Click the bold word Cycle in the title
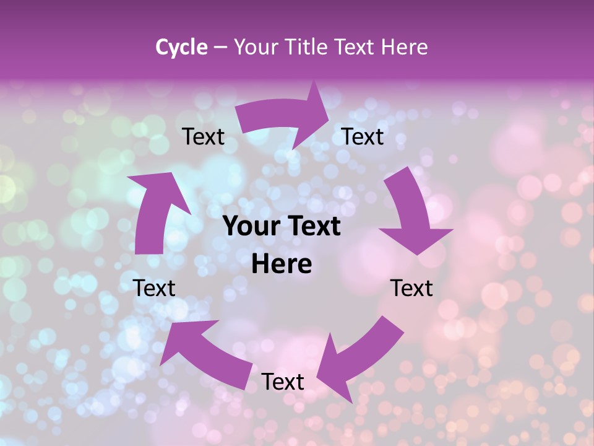181,47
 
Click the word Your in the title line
254,47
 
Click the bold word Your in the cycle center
251,226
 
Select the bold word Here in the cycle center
282,265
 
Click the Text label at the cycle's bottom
282,382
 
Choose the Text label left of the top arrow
203,137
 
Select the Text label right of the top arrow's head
363,137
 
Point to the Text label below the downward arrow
411,288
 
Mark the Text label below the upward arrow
154,288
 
